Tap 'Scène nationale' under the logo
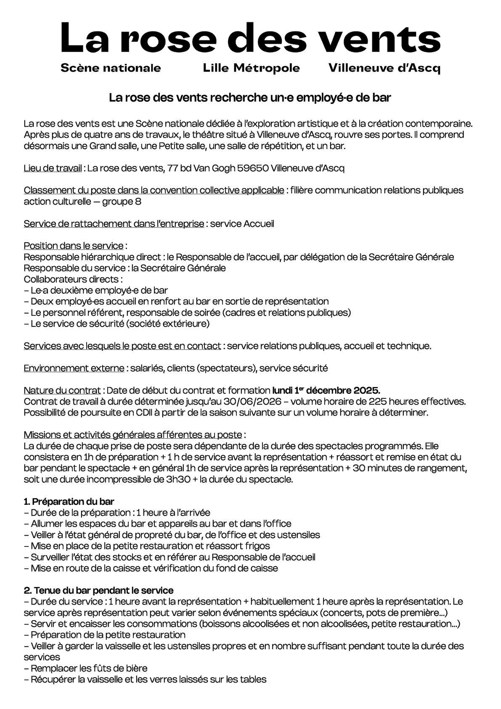(111, 68)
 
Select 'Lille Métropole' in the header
(251, 68)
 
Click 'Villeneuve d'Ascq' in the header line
(384, 68)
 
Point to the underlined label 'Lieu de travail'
(53, 168)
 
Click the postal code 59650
(253, 168)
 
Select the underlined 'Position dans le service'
(74, 245)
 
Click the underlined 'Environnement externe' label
(74, 368)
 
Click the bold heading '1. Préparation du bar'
(69, 501)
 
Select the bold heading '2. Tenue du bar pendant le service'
(98, 590)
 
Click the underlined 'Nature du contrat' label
(62, 390)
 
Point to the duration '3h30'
(178, 479)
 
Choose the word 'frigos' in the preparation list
(256, 546)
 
